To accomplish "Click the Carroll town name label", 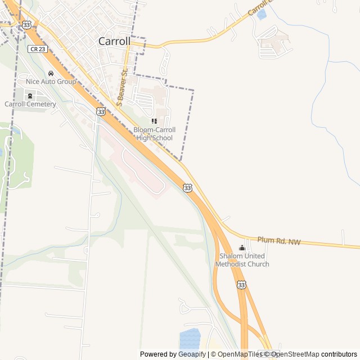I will pyautogui.click(x=114, y=41).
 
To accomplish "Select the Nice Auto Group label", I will pyautogui.click(x=51, y=82).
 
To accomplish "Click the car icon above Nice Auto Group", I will pyautogui.click(x=51, y=73).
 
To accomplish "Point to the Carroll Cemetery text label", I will pyautogui.click(x=30, y=104).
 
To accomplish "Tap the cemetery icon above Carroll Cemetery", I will pyautogui.click(x=30, y=96).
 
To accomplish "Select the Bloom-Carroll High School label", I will pyautogui.click(x=154, y=134).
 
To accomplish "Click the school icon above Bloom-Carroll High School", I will pyautogui.click(x=154, y=121).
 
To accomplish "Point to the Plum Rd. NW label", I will pyautogui.click(x=279, y=241).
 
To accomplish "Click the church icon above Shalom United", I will pyautogui.click(x=242, y=248).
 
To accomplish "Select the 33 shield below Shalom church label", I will pyautogui.click(x=241, y=285).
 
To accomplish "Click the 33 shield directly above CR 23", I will pyautogui.click(x=26, y=25).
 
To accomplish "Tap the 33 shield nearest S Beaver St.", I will pyautogui.click(x=101, y=112).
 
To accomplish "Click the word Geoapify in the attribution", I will pyautogui.click(x=192, y=354).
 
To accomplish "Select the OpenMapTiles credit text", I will pyautogui.click(x=240, y=354).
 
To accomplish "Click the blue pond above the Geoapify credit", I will pyautogui.click(x=190, y=339).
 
